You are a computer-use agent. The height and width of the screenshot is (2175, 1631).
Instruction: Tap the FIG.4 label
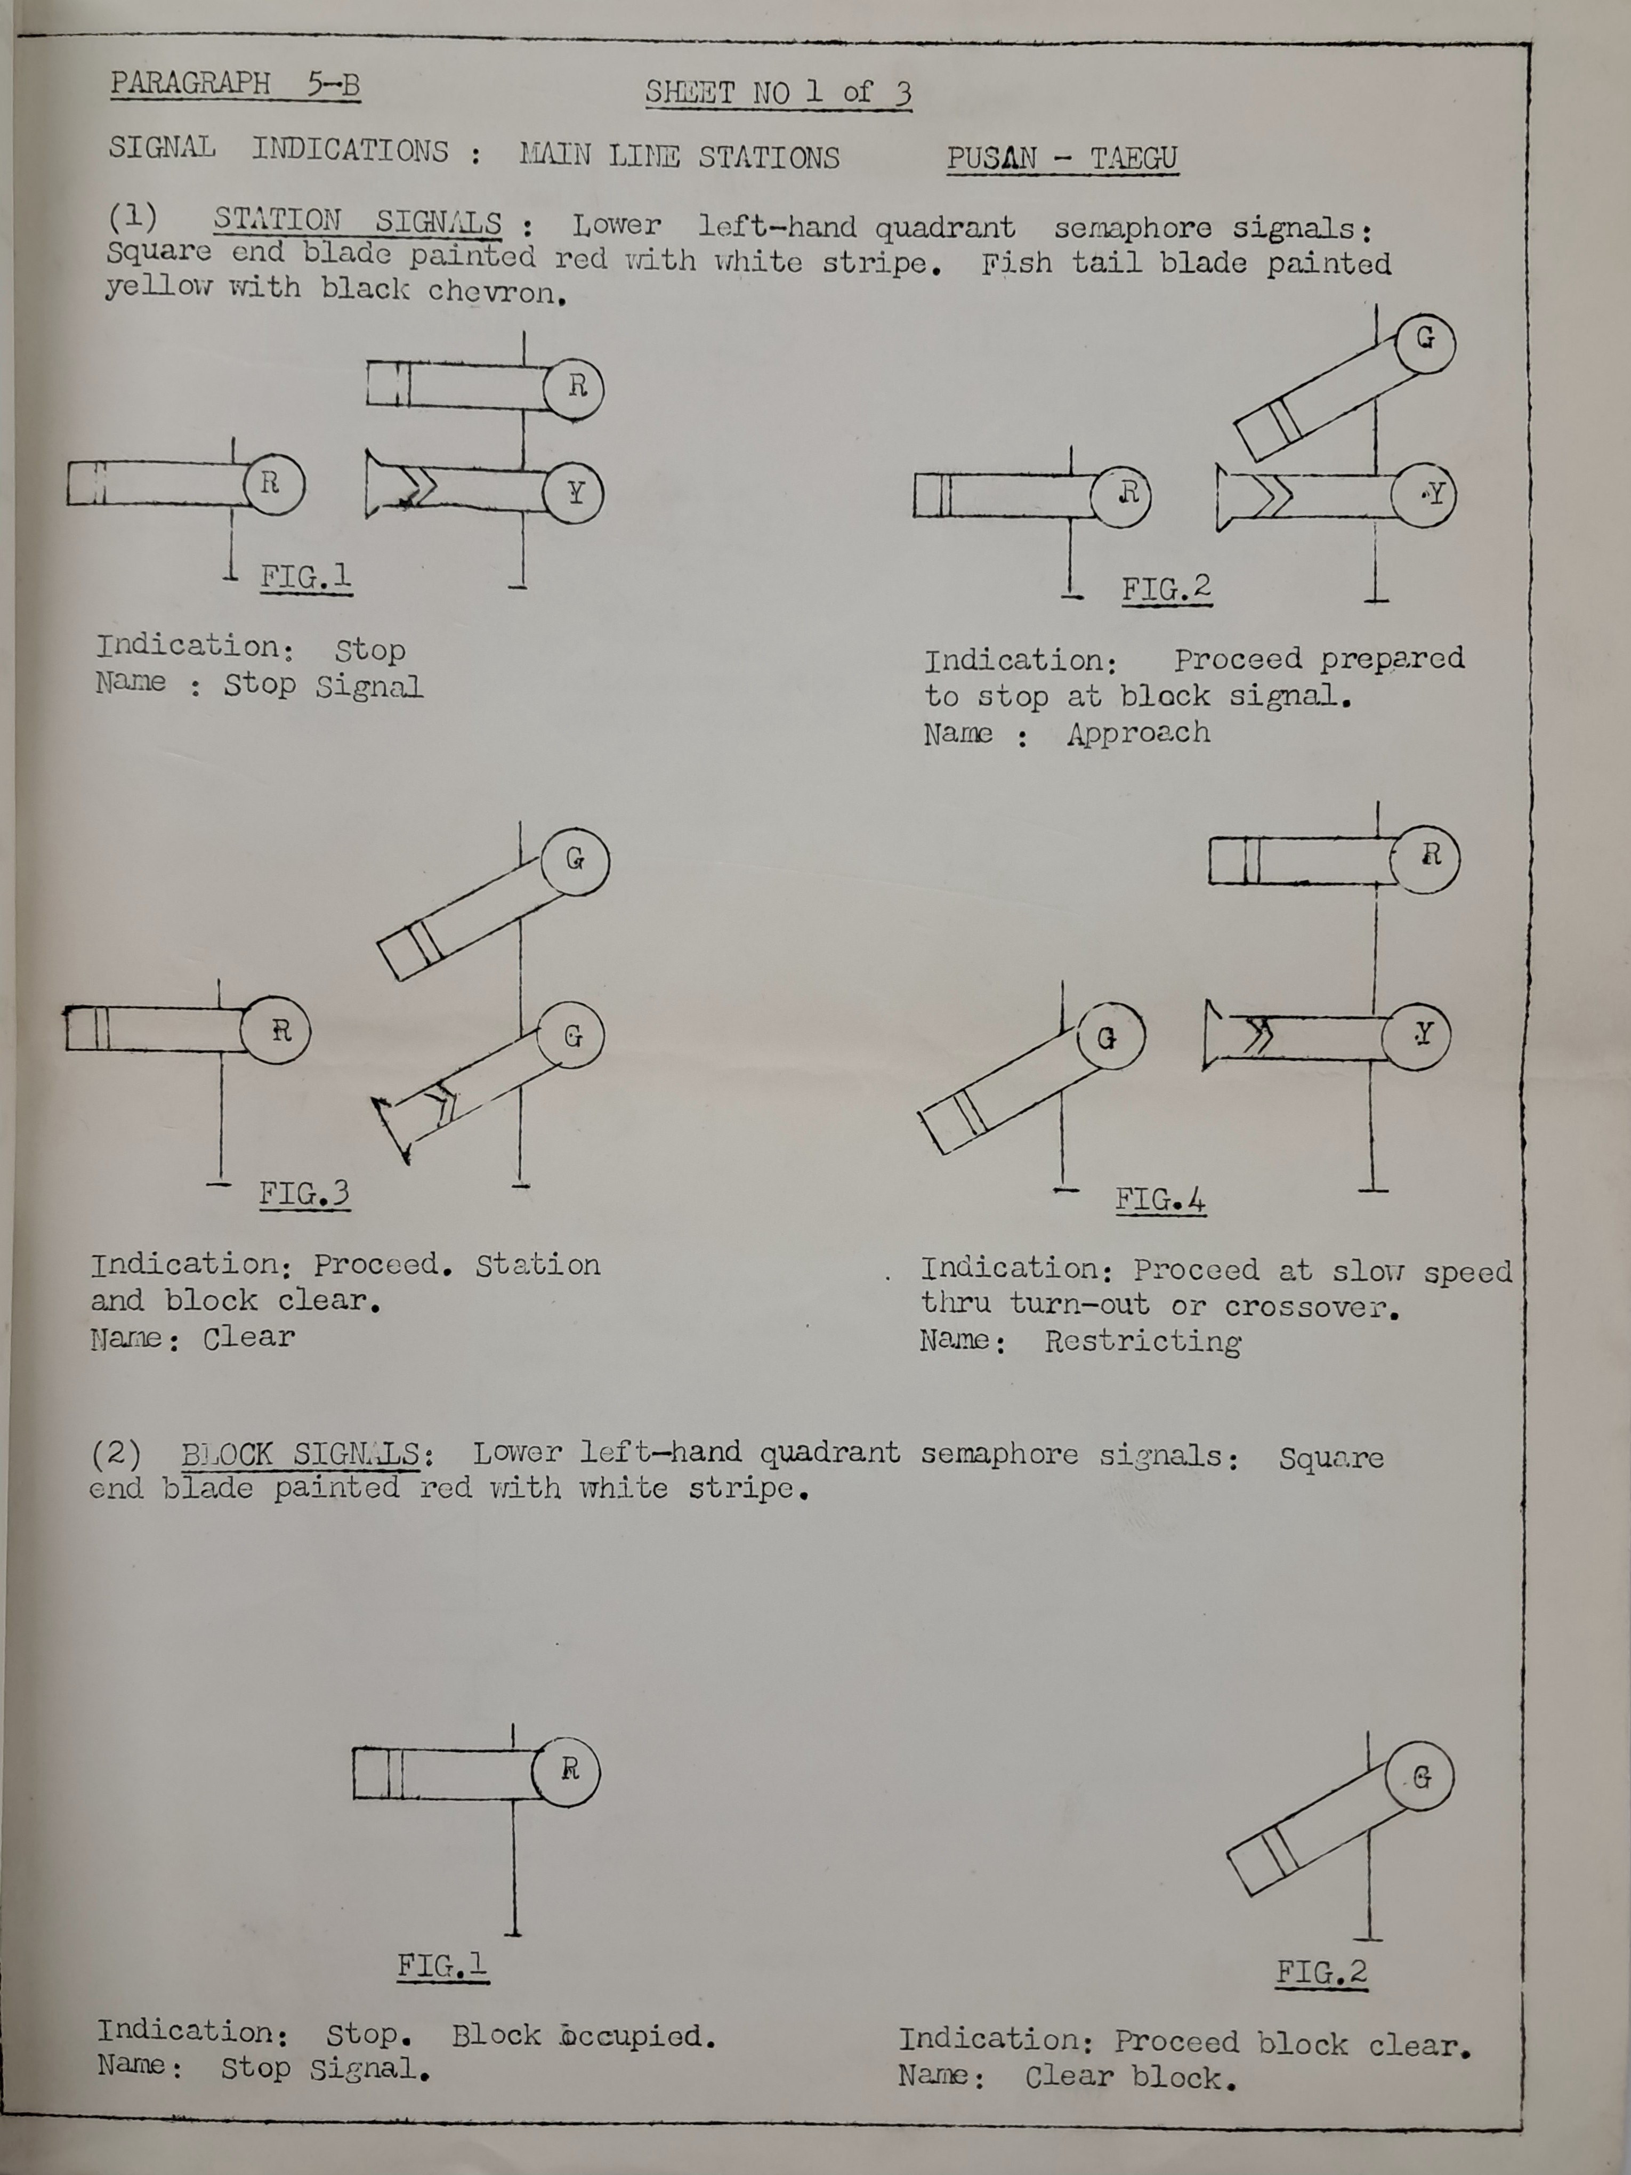point(1160,1199)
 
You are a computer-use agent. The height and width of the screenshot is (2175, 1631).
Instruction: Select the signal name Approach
point(1139,732)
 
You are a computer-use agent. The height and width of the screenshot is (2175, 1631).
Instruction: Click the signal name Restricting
point(1142,1341)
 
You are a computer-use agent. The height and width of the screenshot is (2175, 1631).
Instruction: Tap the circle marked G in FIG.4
point(1109,1037)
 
